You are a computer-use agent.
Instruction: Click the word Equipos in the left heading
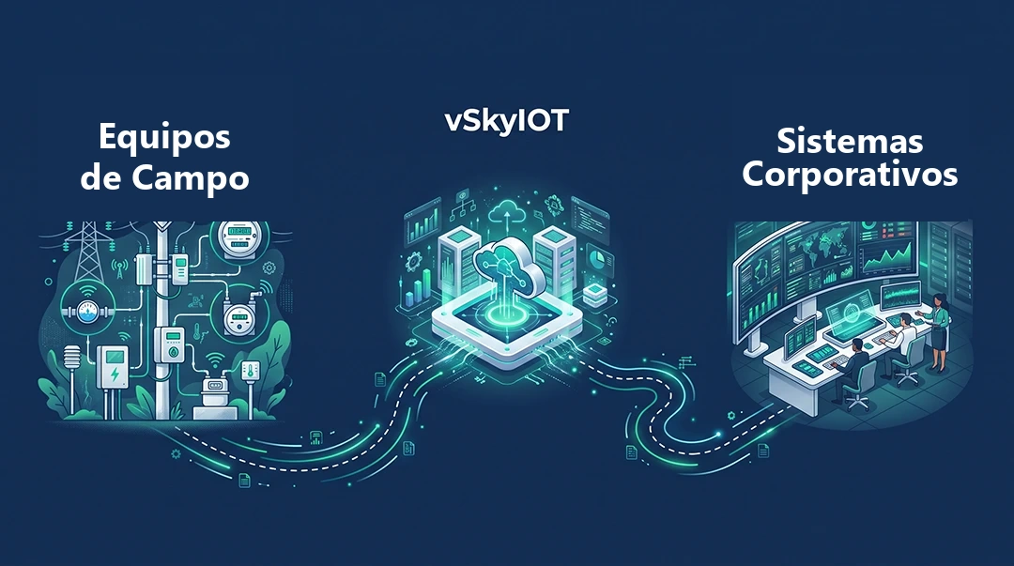click(164, 138)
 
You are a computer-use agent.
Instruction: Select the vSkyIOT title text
click(507, 120)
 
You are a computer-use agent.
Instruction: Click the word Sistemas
click(850, 141)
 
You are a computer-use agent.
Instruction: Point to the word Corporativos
click(850, 174)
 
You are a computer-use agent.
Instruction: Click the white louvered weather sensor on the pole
click(71, 359)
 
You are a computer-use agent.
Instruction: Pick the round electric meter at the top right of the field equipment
click(240, 238)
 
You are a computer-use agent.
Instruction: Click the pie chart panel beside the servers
click(599, 262)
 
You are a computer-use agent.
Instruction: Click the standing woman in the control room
click(941, 332)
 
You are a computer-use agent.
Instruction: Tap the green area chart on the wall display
click(888, 258)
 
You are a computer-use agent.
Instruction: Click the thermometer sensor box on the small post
click(251, 371)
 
